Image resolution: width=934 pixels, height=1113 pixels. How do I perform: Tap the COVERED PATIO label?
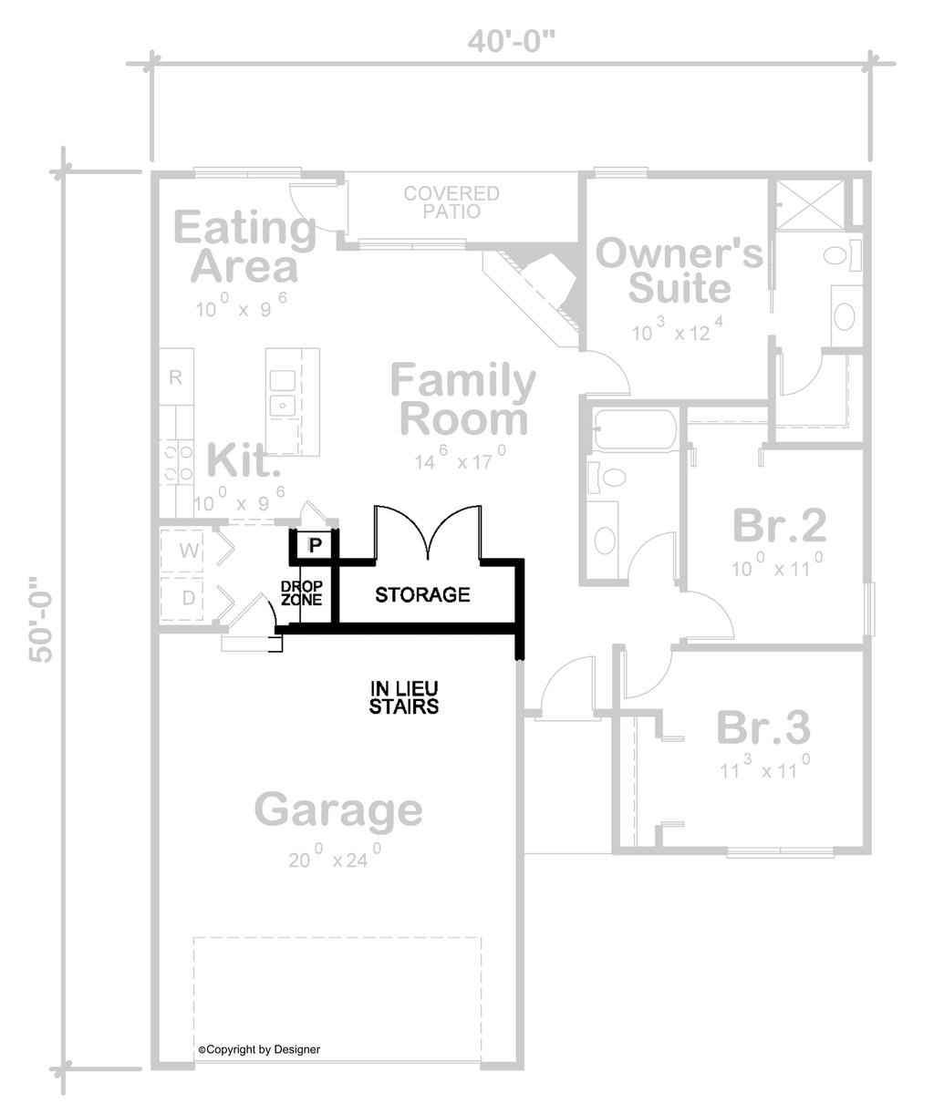pyautogui.click(x=452, y=201)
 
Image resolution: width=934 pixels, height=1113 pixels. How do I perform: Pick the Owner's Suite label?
pyautogui.click(x=679, y=271)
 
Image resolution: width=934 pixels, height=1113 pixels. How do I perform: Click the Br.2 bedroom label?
pyautogui.click(x=779, y=526)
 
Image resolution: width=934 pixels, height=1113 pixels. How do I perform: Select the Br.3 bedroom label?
pyautogui.click(x=763, y=727)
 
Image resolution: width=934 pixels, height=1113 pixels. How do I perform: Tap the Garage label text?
pyautogui.click(x=338, y=809)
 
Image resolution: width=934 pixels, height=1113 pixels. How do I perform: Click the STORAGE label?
pyautogui.click(x=422, y=595)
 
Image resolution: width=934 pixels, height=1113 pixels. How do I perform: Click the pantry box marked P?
pyautogui.click(x=315, y=546)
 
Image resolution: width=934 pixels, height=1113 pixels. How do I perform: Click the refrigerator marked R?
pyautogui.click(x=176, y=377)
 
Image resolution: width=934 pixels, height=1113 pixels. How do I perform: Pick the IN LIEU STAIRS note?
pyautogui.click(x=404, y=697)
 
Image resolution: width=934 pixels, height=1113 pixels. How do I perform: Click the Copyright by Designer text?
pyautogui.click(x=260, y=1049)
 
